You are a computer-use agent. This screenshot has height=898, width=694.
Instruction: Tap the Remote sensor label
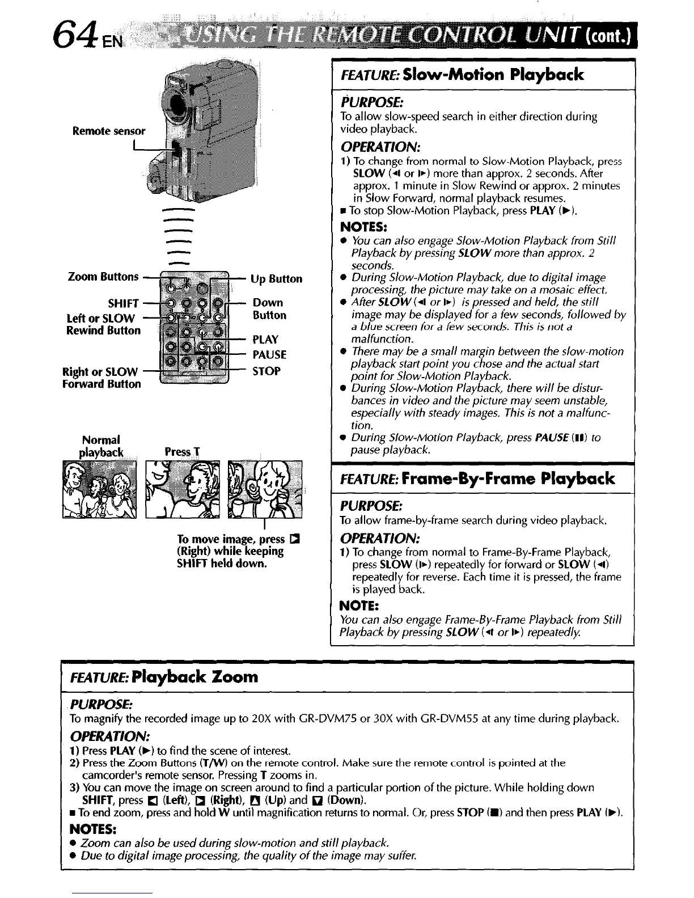[109, 132]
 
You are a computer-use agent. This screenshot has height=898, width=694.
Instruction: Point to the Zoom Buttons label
[103, 277]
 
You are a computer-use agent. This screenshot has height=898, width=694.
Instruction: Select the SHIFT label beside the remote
[123, 304]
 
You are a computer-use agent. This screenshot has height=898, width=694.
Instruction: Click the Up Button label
[277, 279]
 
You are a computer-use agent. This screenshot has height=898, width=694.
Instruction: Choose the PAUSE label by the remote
[269, 355]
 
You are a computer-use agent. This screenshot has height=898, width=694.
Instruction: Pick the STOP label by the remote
[266, 371]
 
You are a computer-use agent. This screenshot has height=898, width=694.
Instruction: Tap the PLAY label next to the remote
[265, 340]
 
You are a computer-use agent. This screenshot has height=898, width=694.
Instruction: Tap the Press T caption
[182, 452]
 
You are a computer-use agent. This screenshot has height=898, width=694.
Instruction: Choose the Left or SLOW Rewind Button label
[103, 324]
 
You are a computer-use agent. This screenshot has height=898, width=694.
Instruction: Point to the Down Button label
[269, 309]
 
